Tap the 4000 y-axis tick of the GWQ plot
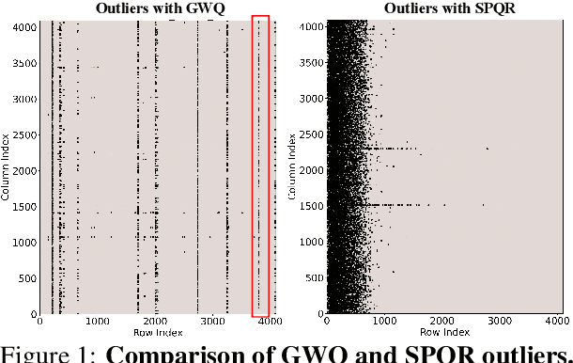tap(24, 26)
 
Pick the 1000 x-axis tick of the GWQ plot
tap(97, 323)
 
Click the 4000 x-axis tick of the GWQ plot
tap(271, 323)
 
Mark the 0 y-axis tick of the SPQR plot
tap(319, 314)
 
